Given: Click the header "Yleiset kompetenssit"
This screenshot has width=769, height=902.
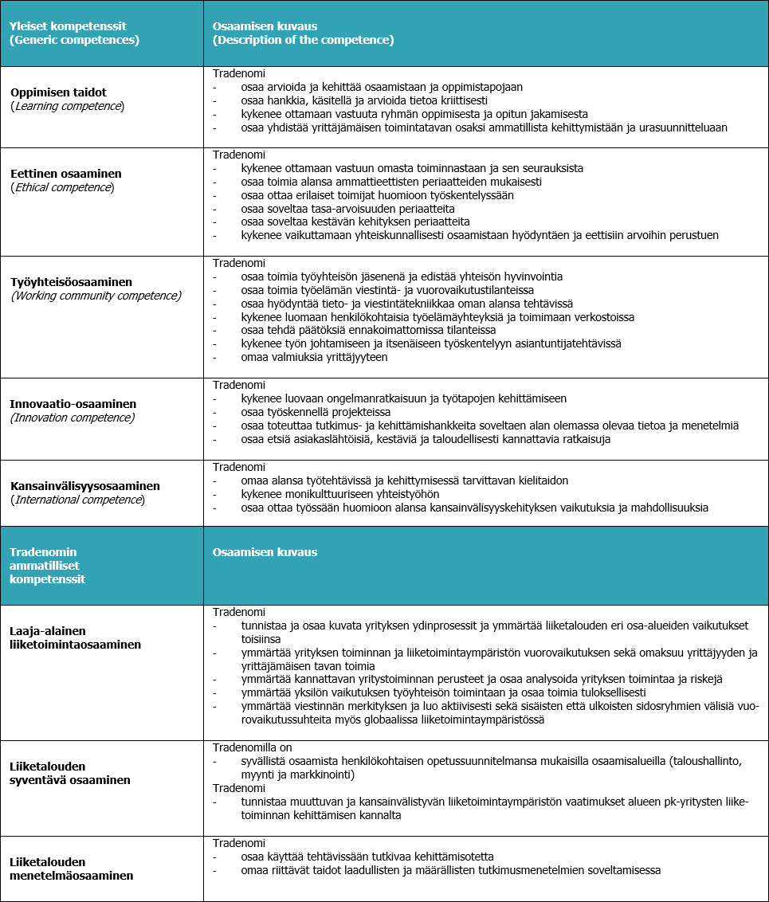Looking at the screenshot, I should [70, 25].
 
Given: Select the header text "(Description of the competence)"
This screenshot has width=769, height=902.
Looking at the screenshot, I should [303, 40].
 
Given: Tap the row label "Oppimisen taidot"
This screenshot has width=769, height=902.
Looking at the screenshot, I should [58, 92].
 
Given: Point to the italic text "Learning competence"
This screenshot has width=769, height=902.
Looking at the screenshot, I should [67, 106].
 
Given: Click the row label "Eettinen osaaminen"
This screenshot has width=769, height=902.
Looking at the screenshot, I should [66, 173].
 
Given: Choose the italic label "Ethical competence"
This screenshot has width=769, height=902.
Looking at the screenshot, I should [61, 187].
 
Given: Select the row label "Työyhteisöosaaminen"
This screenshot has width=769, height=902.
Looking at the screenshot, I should [71, 282].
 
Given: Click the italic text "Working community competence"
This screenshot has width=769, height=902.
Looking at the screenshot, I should [96, 296].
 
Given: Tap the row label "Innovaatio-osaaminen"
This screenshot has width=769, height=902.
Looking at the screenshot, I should [73, 404].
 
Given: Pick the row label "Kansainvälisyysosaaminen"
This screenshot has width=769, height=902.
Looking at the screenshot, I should [85, 485].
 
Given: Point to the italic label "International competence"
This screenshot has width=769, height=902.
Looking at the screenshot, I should [77, 500].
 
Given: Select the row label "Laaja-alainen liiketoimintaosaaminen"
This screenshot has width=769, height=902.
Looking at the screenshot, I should [75, 637].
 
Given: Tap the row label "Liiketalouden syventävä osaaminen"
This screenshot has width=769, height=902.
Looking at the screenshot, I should [70, 773].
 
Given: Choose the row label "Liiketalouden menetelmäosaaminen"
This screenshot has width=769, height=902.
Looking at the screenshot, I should [70, 869].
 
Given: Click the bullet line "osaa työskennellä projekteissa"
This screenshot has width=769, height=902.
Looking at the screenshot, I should [316, 412].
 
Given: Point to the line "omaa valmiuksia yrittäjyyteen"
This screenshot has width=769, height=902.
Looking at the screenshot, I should [314, 357].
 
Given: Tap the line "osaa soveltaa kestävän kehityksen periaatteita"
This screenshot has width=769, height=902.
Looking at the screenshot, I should [355, 222].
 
